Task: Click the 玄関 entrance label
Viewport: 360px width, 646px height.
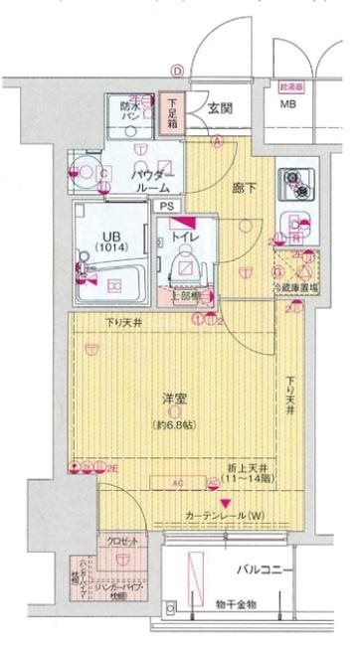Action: point(221,110)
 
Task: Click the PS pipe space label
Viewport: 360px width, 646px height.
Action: point(167,206)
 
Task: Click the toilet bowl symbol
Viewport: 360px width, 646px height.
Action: point(185,263)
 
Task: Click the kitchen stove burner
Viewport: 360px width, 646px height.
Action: point(294,181)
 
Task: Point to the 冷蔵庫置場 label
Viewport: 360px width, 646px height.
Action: point(295,290)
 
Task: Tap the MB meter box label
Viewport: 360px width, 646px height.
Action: point(287,104)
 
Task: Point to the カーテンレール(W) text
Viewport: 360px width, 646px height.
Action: point(224,516)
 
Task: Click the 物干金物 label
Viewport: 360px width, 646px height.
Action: point(235,604)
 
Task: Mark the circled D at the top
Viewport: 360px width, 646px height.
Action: point(177,71)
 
